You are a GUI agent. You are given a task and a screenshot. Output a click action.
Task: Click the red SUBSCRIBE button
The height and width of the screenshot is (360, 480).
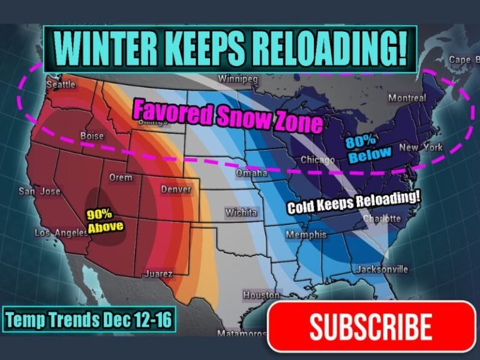point(371,327)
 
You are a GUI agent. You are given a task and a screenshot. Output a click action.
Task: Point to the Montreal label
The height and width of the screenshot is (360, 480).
point(407,98)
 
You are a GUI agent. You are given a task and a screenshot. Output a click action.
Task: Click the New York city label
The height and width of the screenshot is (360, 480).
point(421,147)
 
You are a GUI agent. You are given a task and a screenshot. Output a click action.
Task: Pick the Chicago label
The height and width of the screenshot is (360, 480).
point(317,160)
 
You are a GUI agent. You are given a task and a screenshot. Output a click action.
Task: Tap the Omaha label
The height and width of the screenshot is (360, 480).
point(251,172)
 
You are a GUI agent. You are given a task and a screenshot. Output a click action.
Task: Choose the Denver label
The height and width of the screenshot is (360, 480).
point(176,189)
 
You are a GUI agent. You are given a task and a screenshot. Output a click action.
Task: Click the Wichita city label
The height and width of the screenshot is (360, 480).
point(241,213)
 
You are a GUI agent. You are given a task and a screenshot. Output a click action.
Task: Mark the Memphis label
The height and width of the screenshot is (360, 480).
point(306,234)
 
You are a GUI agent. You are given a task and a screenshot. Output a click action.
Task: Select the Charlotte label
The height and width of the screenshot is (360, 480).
point(382,219)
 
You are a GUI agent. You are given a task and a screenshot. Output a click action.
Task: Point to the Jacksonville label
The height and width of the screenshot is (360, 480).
point(382,269)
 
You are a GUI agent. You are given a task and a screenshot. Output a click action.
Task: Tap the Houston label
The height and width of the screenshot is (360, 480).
point(261,294)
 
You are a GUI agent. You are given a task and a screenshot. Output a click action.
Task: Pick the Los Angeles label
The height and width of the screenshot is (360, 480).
point(62,233)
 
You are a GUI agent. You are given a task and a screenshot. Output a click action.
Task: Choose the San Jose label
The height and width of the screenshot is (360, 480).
point(39,191)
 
